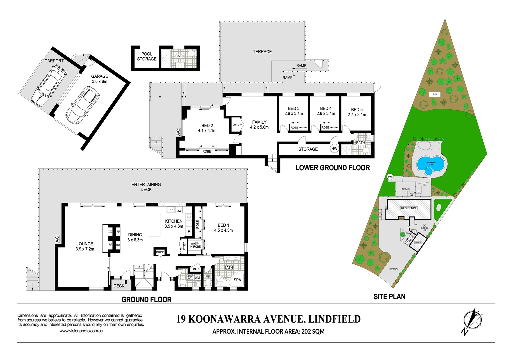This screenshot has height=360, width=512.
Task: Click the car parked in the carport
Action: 48,86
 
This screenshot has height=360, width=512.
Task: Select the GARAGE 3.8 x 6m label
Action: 99,79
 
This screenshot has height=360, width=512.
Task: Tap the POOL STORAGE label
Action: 147,56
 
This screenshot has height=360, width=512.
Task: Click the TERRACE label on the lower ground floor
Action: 262,52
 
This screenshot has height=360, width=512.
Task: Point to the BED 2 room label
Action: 207,128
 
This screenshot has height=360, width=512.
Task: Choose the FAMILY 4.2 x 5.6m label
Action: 259,125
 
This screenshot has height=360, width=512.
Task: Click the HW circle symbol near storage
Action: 334,149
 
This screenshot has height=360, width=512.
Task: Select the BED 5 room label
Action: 357,112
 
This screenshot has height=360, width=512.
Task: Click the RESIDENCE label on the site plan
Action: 409,208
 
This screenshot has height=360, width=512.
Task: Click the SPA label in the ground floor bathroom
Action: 237,280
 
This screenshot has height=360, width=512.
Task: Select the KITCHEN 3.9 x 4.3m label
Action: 174,224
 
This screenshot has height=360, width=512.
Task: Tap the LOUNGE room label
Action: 85,246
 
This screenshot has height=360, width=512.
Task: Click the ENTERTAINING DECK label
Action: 146,187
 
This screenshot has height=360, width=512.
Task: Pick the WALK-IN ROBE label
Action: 195,245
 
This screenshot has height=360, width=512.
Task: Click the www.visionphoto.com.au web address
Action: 81,331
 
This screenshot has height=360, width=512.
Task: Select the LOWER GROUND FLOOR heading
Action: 332,168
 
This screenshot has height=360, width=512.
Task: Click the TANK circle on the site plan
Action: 390,177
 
